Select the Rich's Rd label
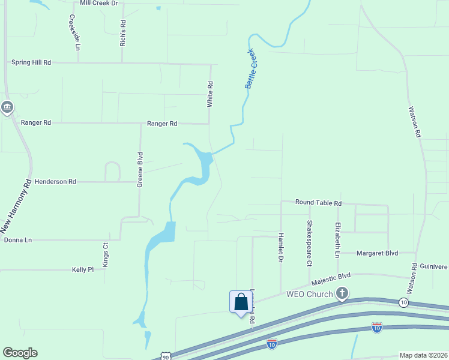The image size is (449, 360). [123, 33]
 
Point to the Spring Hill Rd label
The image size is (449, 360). [31, 62]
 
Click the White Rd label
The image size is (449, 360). [210, 94]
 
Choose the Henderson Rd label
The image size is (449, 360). [55, 181]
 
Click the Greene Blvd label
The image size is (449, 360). [140, 174]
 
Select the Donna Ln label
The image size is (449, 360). [17, 240]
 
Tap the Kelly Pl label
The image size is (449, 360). [83, 270]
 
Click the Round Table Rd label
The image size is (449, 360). [318, 203]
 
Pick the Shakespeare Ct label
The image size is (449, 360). [310, 243]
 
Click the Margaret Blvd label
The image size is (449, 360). [378, 253]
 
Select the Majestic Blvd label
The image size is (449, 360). [331, 278]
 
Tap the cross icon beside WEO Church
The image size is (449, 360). [342, 293]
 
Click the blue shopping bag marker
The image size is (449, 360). [241, 302]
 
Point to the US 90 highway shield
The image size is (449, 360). [166, 356]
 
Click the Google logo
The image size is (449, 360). [20, 353]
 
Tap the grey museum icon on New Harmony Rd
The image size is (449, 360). [7, 107]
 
